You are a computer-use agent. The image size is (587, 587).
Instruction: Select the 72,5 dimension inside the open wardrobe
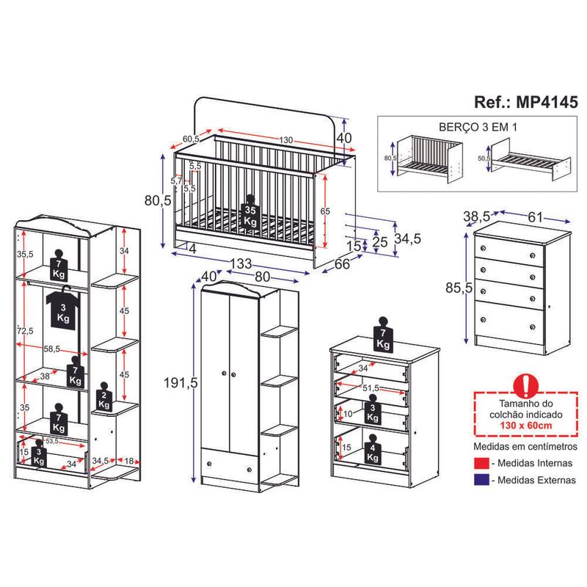coord(26,331)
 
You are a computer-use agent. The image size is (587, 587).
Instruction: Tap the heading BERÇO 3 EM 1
coord(478,125)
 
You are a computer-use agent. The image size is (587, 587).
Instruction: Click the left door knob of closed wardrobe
coord(223,376)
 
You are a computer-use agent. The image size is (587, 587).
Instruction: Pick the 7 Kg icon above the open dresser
coord(382,334)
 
